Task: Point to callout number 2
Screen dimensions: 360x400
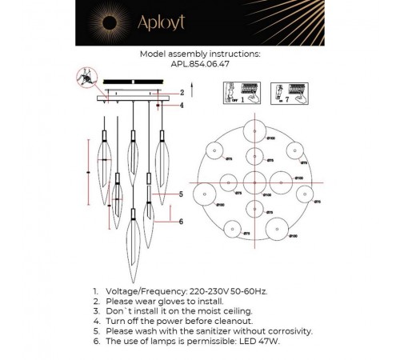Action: tap(181, 92)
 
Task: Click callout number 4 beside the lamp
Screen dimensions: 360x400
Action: tap(181, 105)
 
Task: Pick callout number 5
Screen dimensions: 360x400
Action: tap(181, 194)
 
